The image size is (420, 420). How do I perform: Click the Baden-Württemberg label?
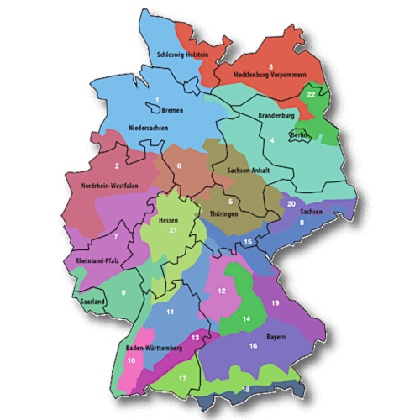click(154, 348)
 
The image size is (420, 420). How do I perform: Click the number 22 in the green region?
click(311, 95)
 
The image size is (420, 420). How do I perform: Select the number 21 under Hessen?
click(173, 230)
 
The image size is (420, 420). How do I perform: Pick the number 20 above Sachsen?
click(291, 203)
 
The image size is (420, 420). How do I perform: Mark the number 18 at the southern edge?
click(246, 390)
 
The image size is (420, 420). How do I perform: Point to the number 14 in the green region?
click(247, 319)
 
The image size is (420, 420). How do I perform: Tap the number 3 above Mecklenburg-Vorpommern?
click(271, 66)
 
